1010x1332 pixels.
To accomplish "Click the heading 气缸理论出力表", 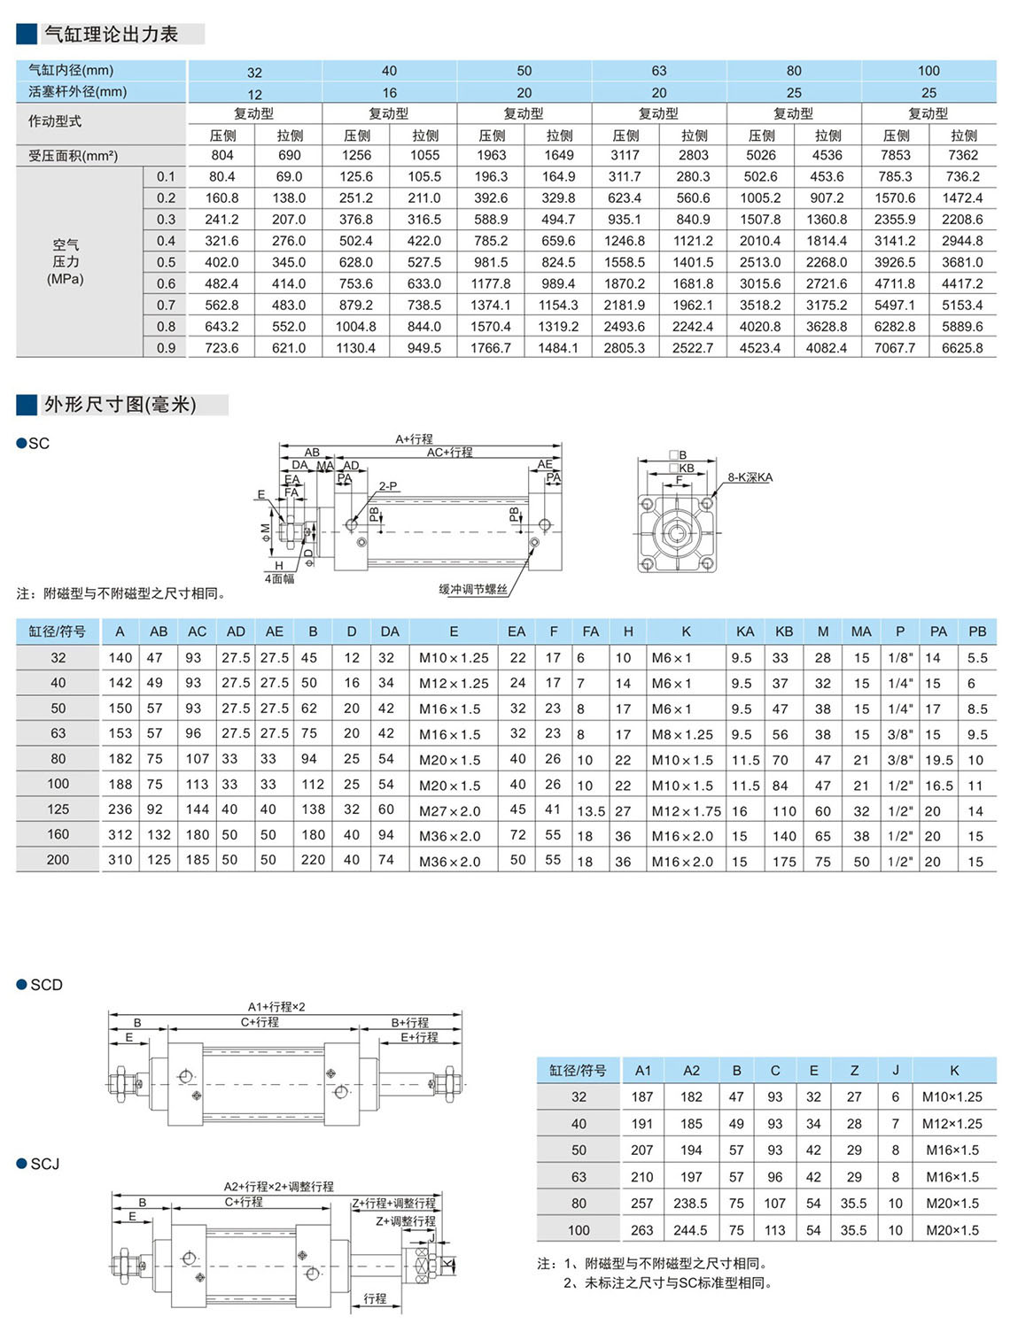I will tap(111, 35).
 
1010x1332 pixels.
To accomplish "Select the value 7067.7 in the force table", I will tap(895, 348).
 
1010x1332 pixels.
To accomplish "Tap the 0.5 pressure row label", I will tap(166, 262).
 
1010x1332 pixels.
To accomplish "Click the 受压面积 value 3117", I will tap(625, 155).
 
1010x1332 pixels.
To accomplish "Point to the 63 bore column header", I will tap(658, 71).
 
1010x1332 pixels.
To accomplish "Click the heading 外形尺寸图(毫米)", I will tap(120, 405).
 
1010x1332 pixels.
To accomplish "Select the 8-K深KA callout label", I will tap(750, 477).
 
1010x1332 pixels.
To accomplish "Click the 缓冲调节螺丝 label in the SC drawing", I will tap(473, 589).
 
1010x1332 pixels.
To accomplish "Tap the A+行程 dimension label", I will tap(414, 439).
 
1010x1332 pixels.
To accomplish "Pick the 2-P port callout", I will tap(388, 486).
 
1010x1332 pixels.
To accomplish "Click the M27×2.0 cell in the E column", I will tap(449, 810).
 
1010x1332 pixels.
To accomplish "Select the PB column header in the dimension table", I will tap(976, 631).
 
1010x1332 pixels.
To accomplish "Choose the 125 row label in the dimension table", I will tap(58, 809).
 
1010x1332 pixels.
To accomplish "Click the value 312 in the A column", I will tap(120, 835).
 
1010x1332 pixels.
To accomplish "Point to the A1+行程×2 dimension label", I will tap(276, 1007).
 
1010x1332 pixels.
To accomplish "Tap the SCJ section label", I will tap(44, 1164).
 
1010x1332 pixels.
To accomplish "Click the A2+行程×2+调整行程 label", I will tap(278, 1187).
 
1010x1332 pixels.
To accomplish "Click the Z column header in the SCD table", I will tap(854, 1070).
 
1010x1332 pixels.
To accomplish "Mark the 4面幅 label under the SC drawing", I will tap(279, 578).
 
